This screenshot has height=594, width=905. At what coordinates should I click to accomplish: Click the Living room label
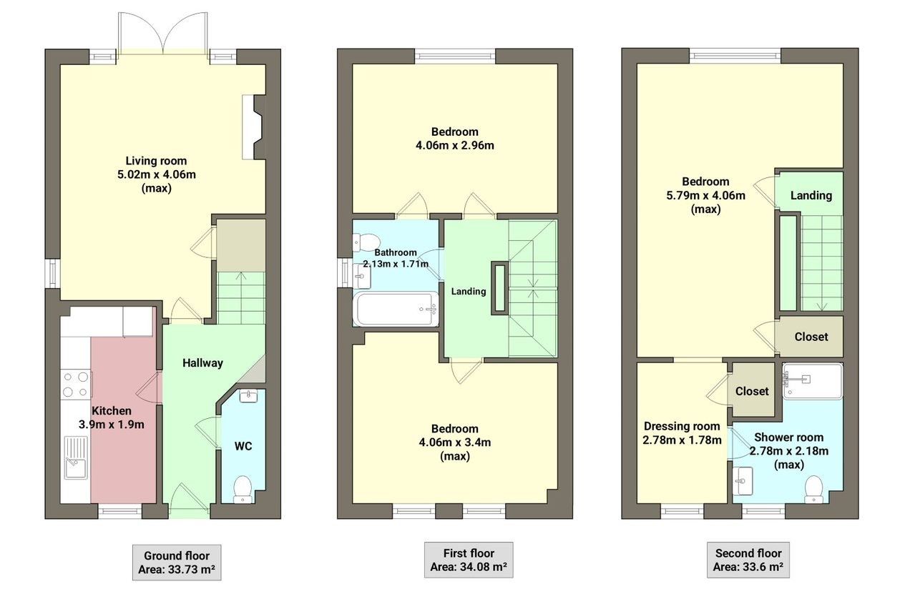(x=156, y=161)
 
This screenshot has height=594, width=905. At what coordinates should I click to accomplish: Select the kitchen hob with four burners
(x=75, y=384)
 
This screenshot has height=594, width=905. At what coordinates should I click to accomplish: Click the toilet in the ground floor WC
(x=243, y=488)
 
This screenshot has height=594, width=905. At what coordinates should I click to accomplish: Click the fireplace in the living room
(x=253, y=127)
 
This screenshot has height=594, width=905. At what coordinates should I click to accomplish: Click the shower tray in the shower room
(x=812, y=380)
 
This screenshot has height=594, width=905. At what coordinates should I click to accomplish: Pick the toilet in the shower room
(x=813, y=489)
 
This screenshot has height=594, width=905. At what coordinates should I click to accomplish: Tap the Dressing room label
(x=681, y=427)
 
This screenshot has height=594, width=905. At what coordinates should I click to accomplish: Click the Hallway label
(x=202, y=363)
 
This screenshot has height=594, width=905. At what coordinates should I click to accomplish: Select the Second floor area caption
(x=748, y=560)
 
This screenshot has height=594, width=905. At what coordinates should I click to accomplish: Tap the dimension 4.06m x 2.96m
(x=454, y=146)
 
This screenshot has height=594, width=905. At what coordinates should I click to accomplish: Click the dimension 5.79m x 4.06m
(x=705, y=195)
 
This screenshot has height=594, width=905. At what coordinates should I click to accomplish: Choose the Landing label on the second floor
(x=811, y=195)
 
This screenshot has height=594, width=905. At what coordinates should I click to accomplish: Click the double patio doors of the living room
(x=165, y=32)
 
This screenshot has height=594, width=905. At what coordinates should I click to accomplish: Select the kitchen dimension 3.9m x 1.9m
(x=111, y=424)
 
